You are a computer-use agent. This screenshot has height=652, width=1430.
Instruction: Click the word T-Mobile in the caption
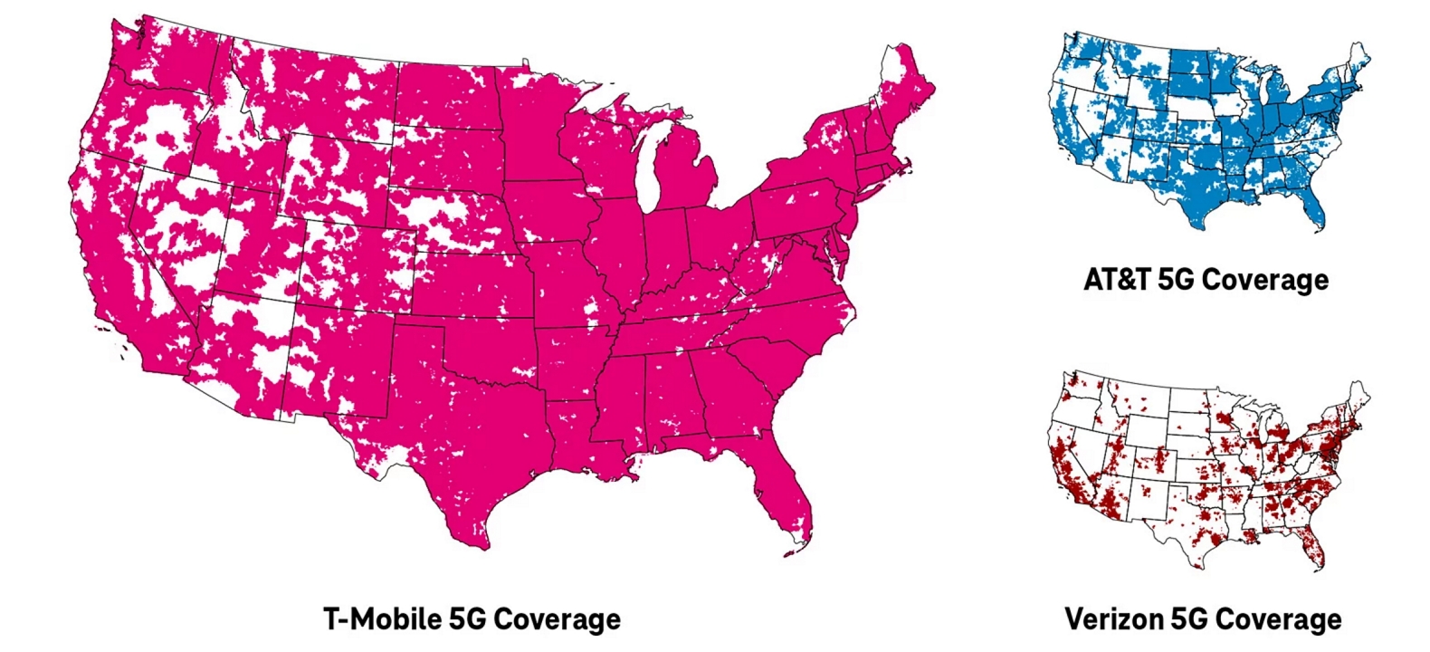tap(383, 619)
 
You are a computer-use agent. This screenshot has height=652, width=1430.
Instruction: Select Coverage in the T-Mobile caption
tap(558, 619)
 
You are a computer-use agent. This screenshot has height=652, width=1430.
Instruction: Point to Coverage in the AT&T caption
tap(1265, 279)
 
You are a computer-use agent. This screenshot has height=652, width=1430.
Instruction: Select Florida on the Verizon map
tap(1313, 551)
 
